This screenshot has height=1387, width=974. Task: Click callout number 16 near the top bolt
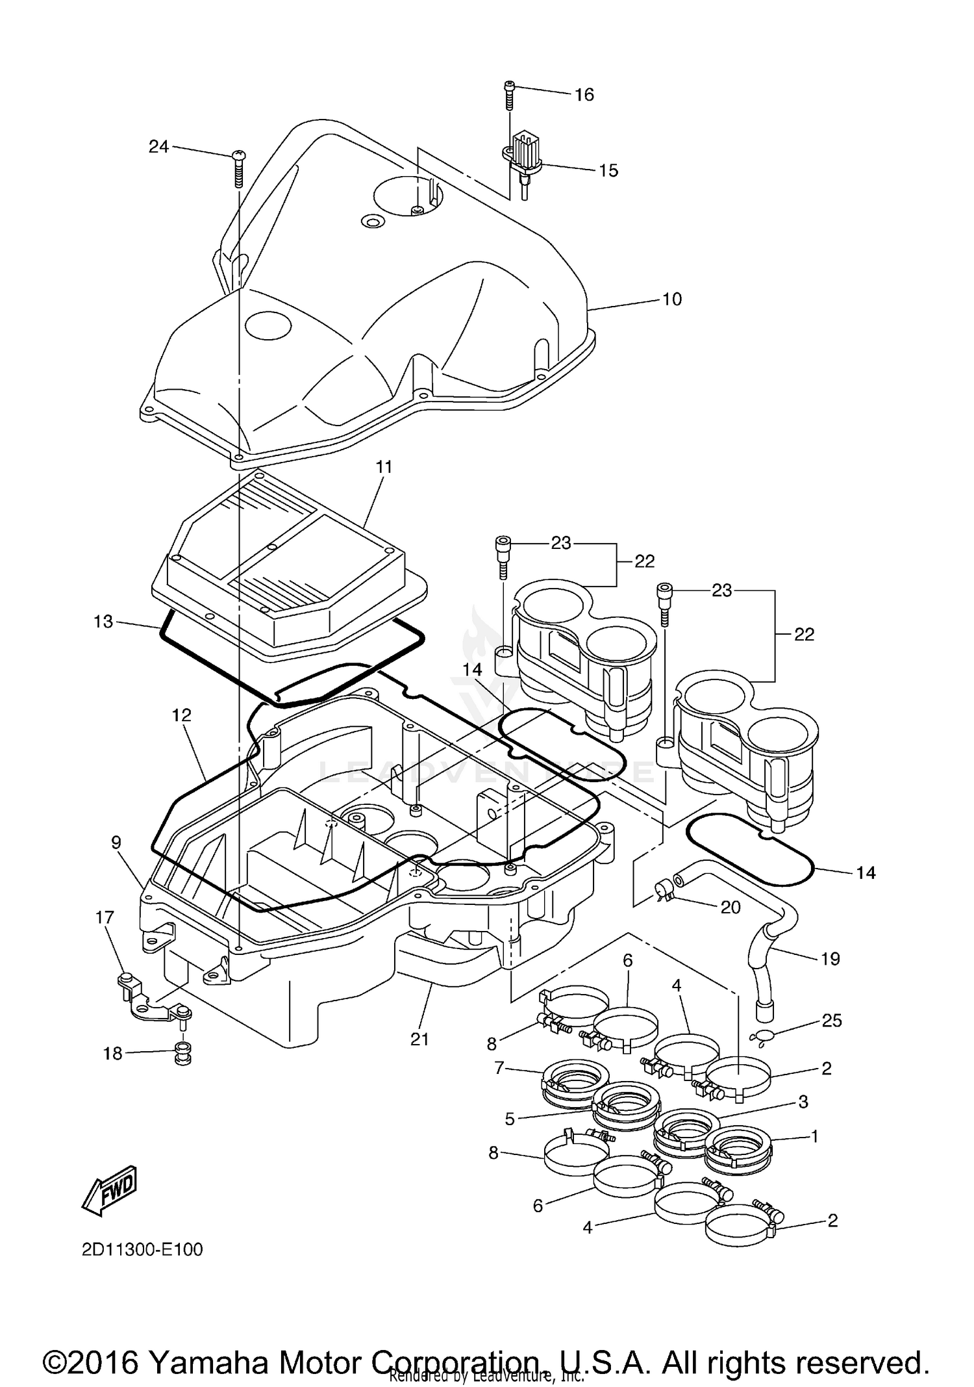584,95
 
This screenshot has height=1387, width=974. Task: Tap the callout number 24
158,147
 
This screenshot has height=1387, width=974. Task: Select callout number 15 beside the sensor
608,170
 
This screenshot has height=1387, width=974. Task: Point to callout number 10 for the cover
671,299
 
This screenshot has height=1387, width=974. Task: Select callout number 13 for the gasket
103,622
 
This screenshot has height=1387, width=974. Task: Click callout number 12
182,715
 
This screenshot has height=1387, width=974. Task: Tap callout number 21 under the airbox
419,1039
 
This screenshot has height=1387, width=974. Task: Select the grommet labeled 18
183,1054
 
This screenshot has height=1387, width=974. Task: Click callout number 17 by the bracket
104,917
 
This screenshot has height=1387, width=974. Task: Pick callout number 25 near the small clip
831,1021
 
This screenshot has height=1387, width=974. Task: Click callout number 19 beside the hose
830,959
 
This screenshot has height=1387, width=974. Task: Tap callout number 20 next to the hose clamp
730,907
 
